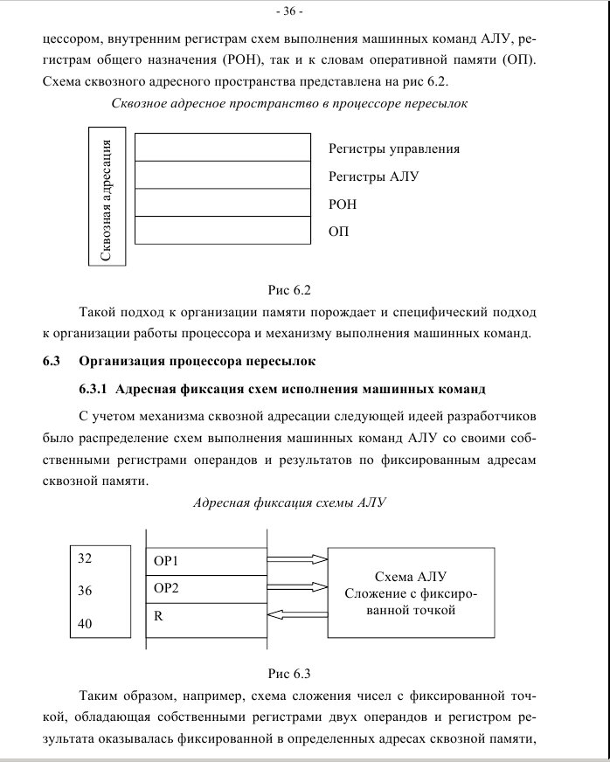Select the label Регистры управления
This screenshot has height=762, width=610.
click(393, 149)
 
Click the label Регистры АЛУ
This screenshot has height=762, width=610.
click(374, 177)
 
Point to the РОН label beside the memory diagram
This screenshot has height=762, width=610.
click(343, 204)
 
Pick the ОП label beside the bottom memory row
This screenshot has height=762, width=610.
click(338, 232)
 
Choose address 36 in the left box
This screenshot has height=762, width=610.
click(86, 591)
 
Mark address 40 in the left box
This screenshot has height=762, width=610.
click(86, 624)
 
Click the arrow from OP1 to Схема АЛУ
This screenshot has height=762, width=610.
click(297, 558)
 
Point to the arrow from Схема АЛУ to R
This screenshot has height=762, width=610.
click(297, 616)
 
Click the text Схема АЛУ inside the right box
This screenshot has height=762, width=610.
click(411, 577)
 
